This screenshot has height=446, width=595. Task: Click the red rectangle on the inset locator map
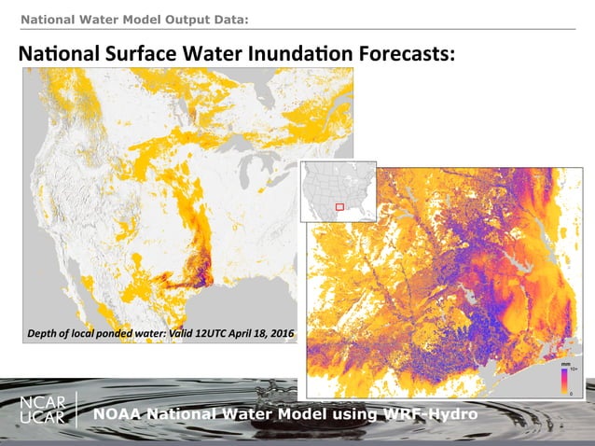[x=339, y=205]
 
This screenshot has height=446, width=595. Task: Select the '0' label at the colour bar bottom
[x=572, y=393]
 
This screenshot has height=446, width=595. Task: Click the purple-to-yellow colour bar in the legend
[x=564, y=382]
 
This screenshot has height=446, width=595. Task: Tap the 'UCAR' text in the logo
[x=43, y=418]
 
